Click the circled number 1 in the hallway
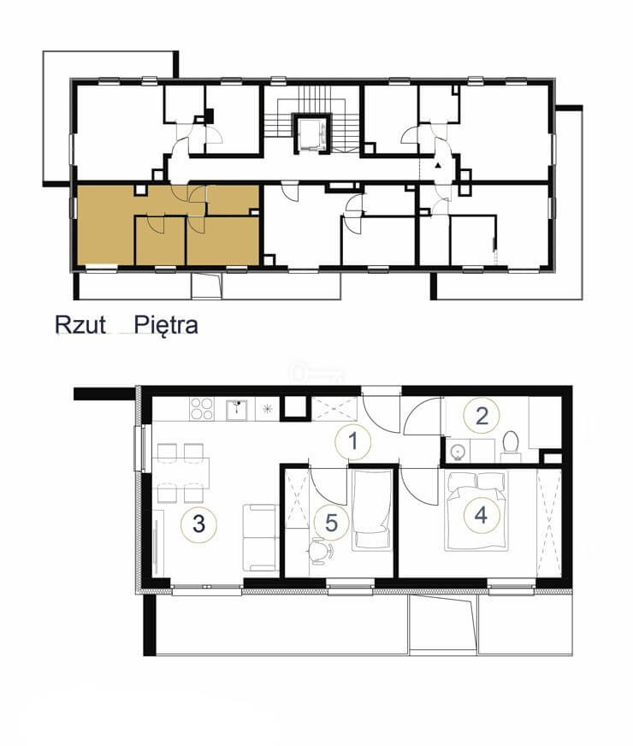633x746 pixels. click(x=352, y=442)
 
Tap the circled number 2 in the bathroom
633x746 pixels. click(x=482, y=417)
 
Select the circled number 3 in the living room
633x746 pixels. click(x=198, y=524)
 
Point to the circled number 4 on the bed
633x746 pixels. click(x=482, y=515)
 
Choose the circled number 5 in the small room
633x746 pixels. click(x=331, y=523)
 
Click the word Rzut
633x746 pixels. click(x=80, y=325)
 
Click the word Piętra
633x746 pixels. click(x=166, y=326)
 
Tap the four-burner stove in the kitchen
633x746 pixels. click(x=202, y=409)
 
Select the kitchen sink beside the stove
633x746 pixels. click(x=236, y=410)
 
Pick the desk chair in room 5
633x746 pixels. click(x=321, y=550)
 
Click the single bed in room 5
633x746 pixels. click(x=372, y=510)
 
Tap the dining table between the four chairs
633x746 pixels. click(x=180, y=473)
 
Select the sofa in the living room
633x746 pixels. click(x=260, y=538)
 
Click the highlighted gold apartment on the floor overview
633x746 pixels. click(x=168, y=224)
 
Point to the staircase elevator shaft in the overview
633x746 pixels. click(x=311, y=133)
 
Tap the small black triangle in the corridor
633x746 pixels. click(x=437, y=166)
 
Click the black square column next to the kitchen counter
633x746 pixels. click(x=295, y=408)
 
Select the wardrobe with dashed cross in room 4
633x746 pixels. click(x=549, y=523)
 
